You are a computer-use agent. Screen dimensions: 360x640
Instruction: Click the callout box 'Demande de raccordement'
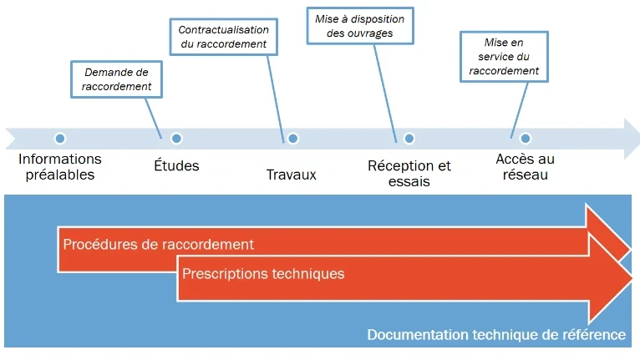pos(116,79)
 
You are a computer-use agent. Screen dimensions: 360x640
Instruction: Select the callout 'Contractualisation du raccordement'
pos(223,37)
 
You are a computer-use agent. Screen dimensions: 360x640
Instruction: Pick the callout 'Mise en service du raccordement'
pos(504,57)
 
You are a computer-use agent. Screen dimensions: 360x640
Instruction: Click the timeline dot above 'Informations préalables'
pos(59,139)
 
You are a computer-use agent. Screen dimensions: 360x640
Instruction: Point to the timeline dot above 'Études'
pos(176,139)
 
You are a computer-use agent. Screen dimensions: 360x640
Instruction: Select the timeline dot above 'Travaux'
pos(292,139)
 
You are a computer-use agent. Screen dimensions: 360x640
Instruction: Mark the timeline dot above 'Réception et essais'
pos(409,139)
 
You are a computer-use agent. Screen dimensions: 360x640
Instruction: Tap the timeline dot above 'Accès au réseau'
pos(525,139)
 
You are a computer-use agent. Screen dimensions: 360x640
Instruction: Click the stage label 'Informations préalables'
pos(59,166)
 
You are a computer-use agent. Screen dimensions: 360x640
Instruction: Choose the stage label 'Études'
pos(176,165)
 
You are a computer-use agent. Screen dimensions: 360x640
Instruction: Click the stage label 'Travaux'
pos(292,175)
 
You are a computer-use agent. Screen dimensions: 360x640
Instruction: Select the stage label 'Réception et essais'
pos(409,173)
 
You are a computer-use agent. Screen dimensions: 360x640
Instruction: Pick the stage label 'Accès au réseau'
pos(525,166)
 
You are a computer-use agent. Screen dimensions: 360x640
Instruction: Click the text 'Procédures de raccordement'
pos(158,245)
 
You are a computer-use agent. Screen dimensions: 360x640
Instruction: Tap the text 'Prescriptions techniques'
pos(263,273)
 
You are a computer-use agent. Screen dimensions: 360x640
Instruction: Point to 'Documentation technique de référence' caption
pos(496,335)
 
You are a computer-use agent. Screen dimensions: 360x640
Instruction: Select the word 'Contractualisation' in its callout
pos(223,29)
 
